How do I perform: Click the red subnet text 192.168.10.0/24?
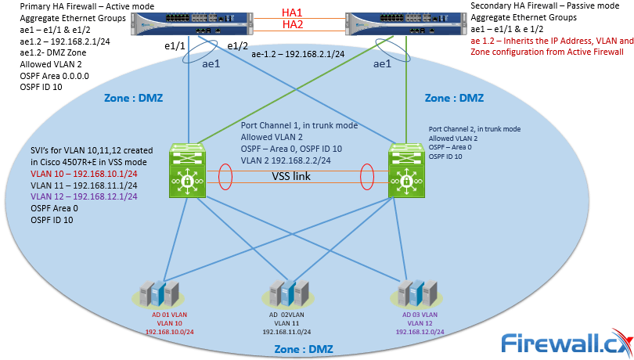170,331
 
